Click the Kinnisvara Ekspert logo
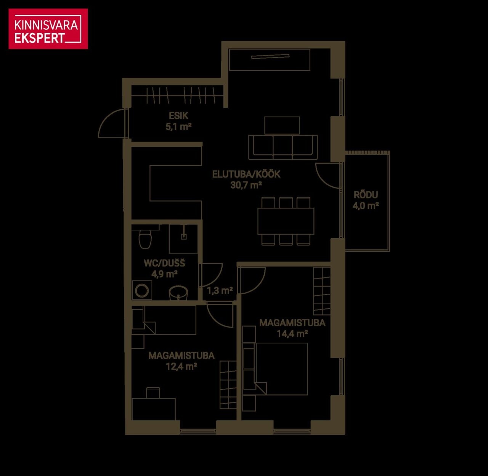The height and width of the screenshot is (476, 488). click(x=48, y=29)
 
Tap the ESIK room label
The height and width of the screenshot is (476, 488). click(x=178, y=116)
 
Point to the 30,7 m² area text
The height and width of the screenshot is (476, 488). click(x=246, y=185)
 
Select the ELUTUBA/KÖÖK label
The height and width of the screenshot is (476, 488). click(x=246, y=174)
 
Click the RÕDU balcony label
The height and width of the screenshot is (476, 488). click(x=366, y=195)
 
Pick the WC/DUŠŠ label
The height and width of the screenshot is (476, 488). click(x=164, y=263)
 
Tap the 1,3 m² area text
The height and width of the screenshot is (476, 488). click(x=220, y=290)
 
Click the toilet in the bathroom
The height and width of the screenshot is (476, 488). click(x=145, y=238)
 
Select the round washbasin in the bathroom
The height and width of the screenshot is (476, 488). click(x=178, y=293)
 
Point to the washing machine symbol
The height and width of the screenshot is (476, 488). click(x=142, y=290)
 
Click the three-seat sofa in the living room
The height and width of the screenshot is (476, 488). click(x=283, y=147)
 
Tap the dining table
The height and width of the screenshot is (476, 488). click(x=286, y=221)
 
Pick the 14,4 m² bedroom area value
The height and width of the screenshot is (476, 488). click(x=292, y=334)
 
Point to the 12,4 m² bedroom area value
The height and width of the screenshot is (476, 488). click(x=181, y=367)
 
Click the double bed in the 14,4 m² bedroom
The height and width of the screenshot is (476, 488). click(x=281, y=369)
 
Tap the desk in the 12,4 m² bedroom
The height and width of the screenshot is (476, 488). click(x=154, y=409)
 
